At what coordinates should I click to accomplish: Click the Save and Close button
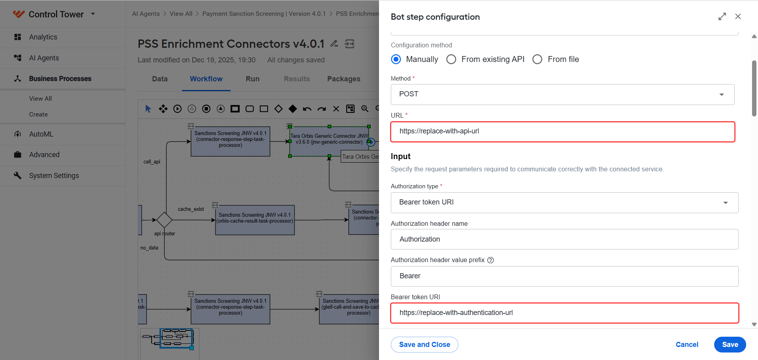click(x=424, y=345)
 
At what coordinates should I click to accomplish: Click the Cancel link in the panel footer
click(x=687, y=345)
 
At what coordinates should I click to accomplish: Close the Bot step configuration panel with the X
click(x=738, y=17)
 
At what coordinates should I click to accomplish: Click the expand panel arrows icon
click(x=722, y=17)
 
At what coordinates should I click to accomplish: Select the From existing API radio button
click(x=451, y=59)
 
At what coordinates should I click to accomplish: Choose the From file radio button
click(x=537, y=59)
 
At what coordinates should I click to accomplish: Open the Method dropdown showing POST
click(x=563, y=94)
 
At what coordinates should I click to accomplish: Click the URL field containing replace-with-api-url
click(x=563, y=131)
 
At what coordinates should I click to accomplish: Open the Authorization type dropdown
click(x=565, y=202)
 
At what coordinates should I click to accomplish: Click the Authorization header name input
click(x=565, y=239)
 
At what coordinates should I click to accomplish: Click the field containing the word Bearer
click(x=565, y=276)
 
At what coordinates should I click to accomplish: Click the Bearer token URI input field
click(x=565, y=313)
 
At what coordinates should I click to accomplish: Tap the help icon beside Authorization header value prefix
click(x=491, y=260)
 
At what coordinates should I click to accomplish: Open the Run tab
click(x=253, y=79)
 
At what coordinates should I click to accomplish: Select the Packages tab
click(x=344, y=79)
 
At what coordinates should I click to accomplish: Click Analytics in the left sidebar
click(x=43, y=37)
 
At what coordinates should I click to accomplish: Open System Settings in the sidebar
click(x=54, y=176)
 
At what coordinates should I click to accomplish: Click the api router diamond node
click(x=164, y=220)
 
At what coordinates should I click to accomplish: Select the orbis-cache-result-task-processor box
click(x=255, y=220)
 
